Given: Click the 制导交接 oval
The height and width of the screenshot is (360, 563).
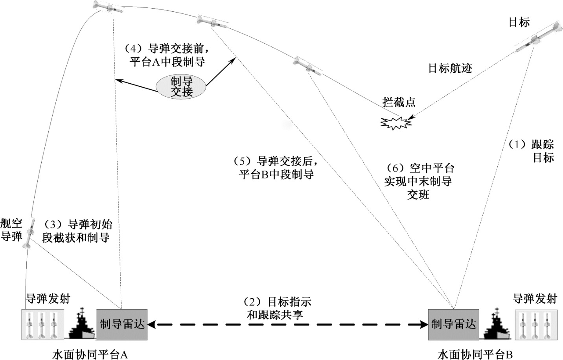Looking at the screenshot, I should click(181, 87).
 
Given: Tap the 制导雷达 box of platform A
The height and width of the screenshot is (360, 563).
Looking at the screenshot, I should click(122, 324).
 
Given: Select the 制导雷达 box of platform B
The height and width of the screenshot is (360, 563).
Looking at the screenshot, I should click(453, 324).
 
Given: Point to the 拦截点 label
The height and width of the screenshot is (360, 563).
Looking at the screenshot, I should click(399, 103).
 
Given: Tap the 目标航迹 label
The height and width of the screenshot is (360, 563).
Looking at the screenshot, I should click(450, 68).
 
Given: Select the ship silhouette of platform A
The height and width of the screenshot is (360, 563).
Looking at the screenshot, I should click(82, 325).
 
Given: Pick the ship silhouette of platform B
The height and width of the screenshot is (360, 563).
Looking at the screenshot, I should click(495, 325).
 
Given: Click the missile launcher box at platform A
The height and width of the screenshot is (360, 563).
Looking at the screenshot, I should click(41, 325).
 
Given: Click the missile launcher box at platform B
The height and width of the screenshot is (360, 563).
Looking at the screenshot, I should click(536, 325).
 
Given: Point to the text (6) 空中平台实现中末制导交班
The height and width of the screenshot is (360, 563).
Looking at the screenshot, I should click(419, 181).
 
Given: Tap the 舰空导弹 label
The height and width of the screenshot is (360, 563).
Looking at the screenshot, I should click(11, 230).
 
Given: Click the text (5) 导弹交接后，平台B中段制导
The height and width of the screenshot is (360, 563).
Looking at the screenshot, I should click(275, 168).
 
